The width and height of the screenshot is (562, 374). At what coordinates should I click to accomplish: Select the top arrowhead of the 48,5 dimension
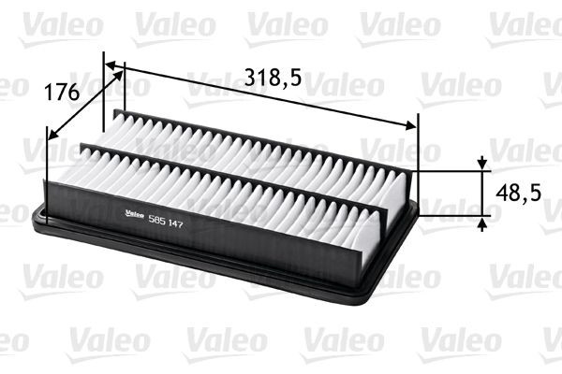(x=482, y=164)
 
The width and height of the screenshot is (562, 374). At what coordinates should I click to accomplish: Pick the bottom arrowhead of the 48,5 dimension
(x=482, y=222)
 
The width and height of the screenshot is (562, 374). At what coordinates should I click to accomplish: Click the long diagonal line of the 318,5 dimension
(x=262, y=96)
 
